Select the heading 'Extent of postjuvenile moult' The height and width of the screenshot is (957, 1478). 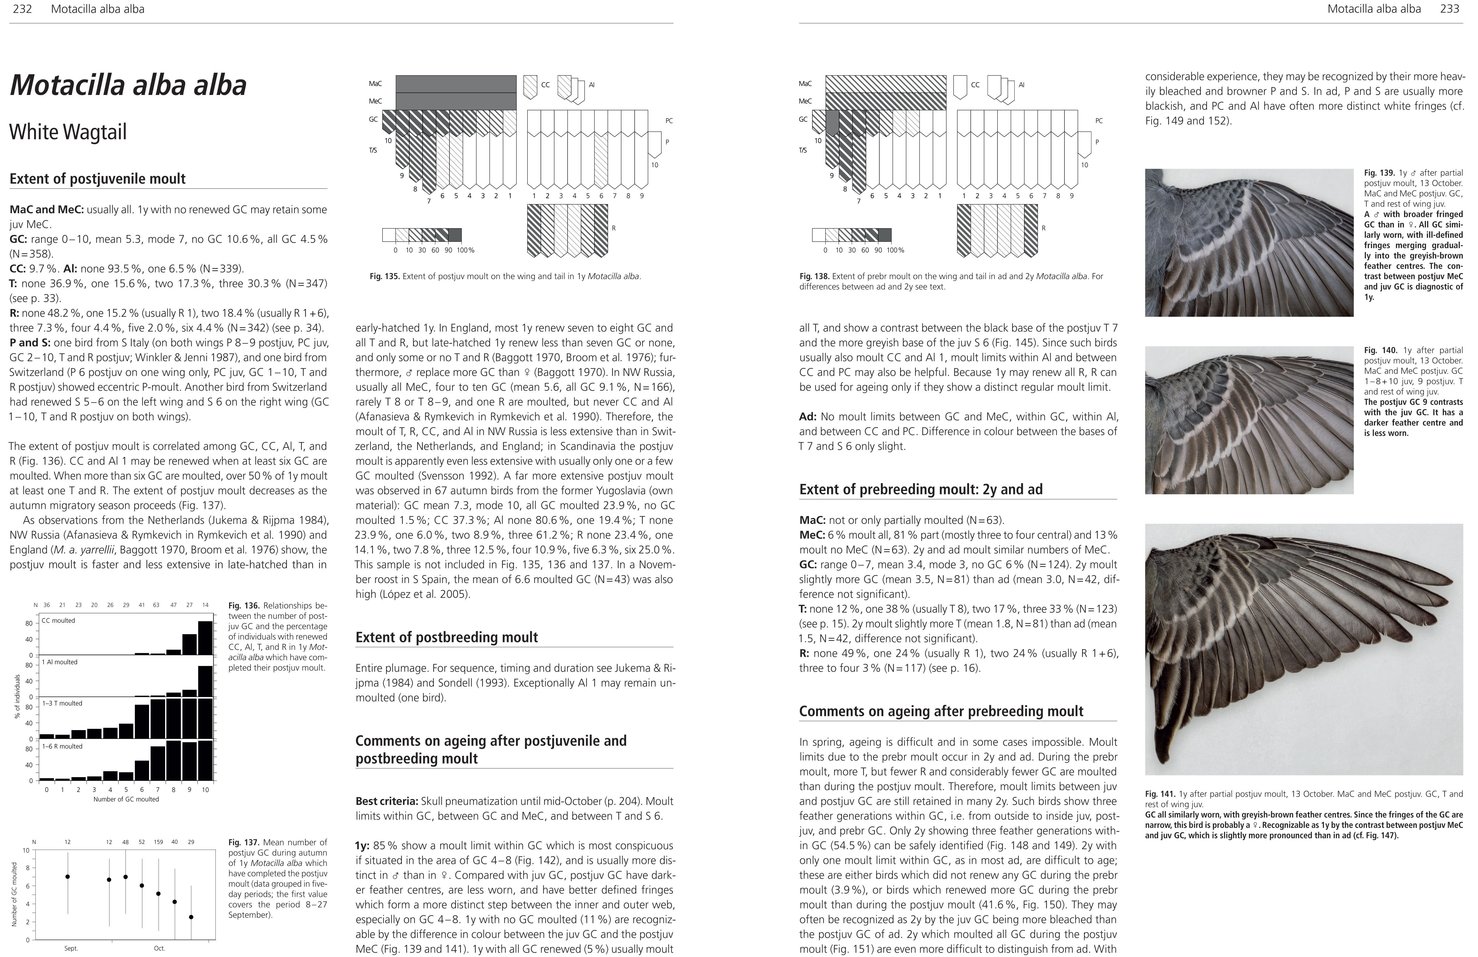(x=98, y=179)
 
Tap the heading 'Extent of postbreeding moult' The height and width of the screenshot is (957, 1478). (x=447, y=637)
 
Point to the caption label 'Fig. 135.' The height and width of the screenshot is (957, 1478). (x=384, y=276)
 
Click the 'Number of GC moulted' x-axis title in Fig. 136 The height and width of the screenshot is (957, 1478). (x=126, y=799)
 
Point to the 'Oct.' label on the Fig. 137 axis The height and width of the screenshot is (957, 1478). (x=159, y=948)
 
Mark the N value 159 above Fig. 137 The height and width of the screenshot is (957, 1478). (x=158, y=842)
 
